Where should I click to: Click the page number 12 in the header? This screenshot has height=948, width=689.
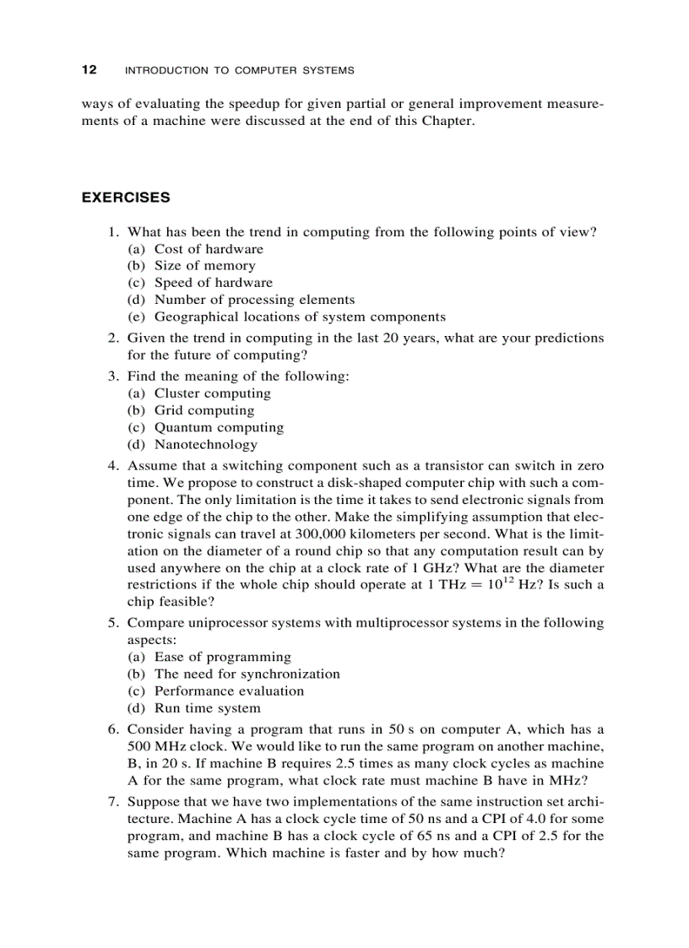(89, 70)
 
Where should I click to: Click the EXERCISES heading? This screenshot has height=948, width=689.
(125, 198)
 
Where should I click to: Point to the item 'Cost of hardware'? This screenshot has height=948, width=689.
(209, 249)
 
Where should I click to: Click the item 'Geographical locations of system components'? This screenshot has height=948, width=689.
(300, 317)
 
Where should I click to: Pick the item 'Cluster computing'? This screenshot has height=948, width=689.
(213, 393)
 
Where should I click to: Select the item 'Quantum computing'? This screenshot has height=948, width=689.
(219, 428)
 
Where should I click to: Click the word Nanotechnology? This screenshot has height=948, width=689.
(206, 445)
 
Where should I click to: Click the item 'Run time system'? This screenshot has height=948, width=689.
(208, 708)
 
